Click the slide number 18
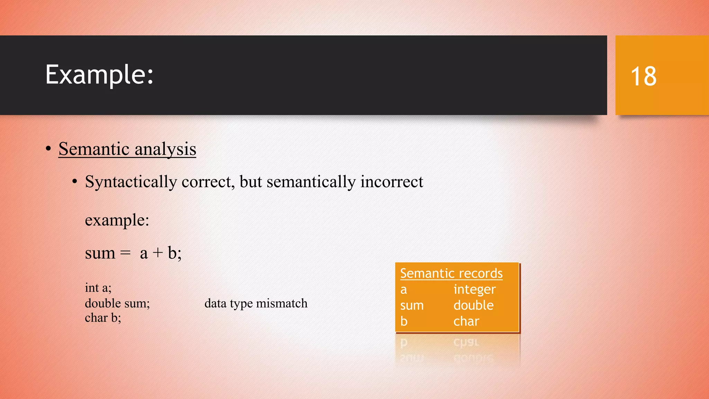643,76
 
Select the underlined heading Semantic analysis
127,149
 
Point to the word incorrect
392,182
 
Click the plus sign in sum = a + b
158,253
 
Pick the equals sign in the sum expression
125,253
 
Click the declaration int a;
98,288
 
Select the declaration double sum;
117,303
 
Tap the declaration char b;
103,318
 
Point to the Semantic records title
451,273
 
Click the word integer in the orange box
475,289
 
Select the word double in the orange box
473,305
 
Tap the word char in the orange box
466,321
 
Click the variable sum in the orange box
412,305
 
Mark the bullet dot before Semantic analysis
48,149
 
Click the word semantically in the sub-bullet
311,182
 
